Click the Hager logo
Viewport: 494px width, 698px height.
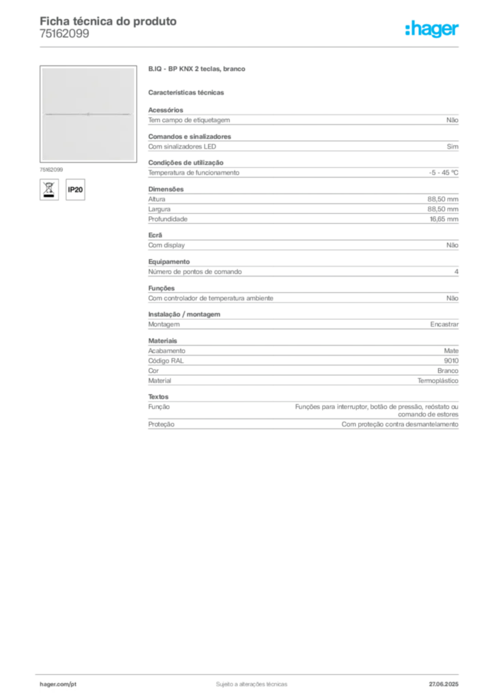coord(432,29)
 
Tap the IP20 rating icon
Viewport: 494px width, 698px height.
coord(75,189)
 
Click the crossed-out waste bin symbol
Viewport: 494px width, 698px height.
coord(49,189)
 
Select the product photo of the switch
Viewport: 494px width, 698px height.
coord(88,114)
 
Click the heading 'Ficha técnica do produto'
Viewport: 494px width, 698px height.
coord(108,21)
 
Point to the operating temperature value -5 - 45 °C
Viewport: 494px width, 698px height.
coord(444,172)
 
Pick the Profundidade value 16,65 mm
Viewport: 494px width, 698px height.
coord(444,219)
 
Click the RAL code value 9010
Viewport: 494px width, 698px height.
coord(451,361)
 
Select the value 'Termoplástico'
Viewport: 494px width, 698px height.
coord(438,380)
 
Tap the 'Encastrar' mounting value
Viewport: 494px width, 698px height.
coord(444,324)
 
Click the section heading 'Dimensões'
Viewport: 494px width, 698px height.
coord(166,189)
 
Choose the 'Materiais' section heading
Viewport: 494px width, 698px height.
coord(162,341)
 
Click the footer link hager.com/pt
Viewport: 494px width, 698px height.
coord(58,684)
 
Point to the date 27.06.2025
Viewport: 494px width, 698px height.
coord(444,684)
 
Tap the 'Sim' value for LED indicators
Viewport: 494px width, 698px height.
coord(452,147)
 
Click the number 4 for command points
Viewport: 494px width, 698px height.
coord(456,271)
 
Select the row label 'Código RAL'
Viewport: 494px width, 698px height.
coord(166,361)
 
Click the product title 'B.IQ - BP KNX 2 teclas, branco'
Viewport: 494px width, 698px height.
coord(197,69)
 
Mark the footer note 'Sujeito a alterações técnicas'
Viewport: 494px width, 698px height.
coord(252,684)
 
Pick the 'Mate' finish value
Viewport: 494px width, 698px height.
coord(451,351)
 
